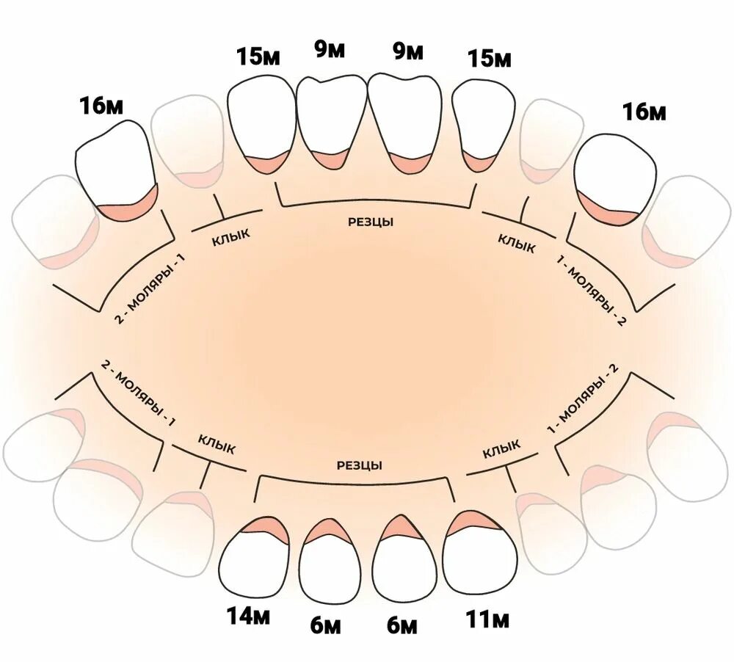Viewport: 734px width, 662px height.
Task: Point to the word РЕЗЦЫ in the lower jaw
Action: pos(360,465)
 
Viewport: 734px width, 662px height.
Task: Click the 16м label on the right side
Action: pos(644,112)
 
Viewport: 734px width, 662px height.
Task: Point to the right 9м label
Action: pos(408,51)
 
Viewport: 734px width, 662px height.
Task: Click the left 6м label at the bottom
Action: pos(325,625)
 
